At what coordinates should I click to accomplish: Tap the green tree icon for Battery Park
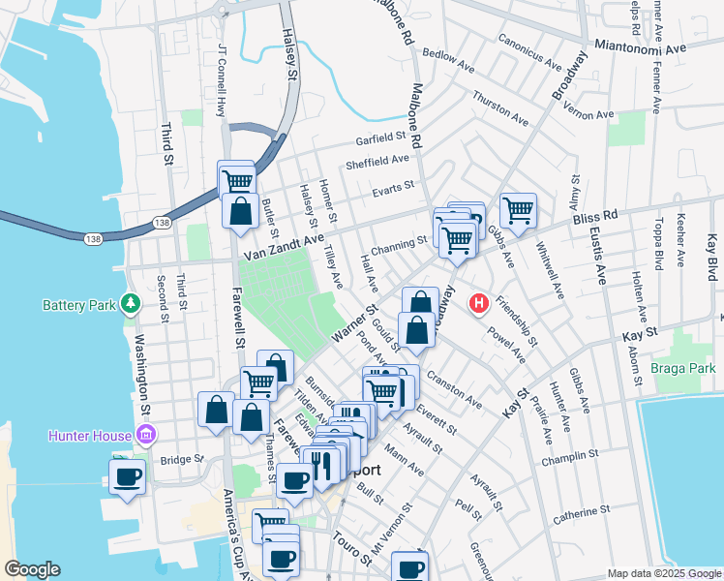(x=130, y=305)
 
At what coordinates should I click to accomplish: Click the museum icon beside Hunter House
(x=144, y=435)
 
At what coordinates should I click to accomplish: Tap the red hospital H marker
(x=477, y=303)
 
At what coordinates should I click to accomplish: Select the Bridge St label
(x=183, y=459)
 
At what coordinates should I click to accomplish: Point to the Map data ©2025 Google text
(x=664, y=573)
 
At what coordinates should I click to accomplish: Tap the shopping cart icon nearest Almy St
(x=519, y=207)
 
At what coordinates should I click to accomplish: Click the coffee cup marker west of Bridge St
(x=127, y=476)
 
